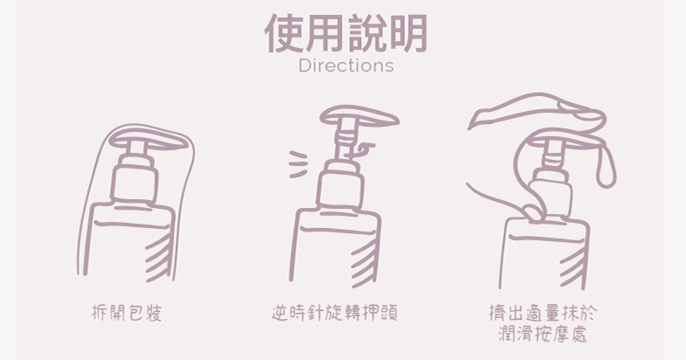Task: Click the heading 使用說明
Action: (x=346, y=33)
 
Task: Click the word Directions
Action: (x=346, y=66)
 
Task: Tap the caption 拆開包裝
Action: (x=127, y=313)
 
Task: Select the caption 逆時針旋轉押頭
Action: (x=334, y=313)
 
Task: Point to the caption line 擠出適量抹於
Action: (x=543, y=313)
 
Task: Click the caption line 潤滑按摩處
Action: (x=543, y=333)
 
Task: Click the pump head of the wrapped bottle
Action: (x=148, y=140)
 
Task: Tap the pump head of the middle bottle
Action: (x=359, y=116)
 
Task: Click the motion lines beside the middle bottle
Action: (x=298, y=164)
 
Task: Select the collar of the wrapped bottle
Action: (x=135, y=183)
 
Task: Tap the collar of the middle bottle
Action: (x=342, y=189)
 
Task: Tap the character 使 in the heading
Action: (x=284, y=33)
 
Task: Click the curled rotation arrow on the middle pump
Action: (x=362, y=151)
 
